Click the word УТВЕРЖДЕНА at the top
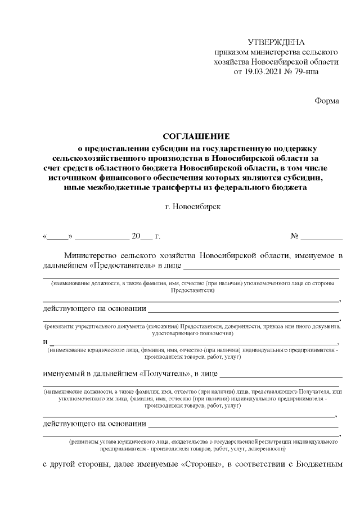coord(276,43)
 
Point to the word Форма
coord(326,101)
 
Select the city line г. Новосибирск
coord(193,206)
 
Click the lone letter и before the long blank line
coord(45,342)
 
